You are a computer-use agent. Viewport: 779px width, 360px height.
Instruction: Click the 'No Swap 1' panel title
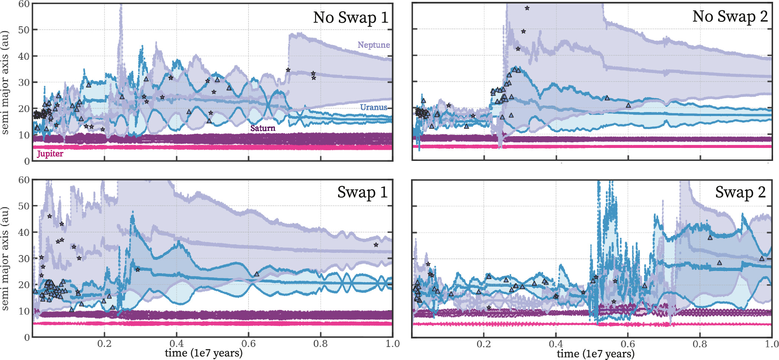[x=351, y=17]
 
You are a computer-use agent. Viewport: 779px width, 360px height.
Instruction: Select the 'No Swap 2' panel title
[x=730, y=17]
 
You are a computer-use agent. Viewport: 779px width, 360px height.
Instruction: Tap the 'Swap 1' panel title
[x=362, y=192]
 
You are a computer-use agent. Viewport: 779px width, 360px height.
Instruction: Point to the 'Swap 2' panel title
[x=740, y=192]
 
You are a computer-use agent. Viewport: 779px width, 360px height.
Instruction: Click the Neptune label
[x=374, y=45]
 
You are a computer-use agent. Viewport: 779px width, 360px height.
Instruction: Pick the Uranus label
[x=374, y=108]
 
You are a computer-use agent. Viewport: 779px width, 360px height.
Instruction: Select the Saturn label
[x=263, y=128]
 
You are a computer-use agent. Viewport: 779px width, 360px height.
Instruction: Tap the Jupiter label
[x=50, y=154]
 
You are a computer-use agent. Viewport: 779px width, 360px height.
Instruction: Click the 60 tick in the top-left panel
[x=24, y=4]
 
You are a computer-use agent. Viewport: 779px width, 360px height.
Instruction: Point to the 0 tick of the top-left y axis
[x=27, y=161]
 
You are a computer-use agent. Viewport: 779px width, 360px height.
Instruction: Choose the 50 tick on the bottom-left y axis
[x=24, y=206]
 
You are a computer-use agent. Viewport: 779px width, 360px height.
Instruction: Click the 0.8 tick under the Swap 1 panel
[x=321, y=344]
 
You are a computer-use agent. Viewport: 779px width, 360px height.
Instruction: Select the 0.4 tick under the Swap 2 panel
[x=556, y=344]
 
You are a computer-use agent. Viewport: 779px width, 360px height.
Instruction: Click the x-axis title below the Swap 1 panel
[x=204, y=353]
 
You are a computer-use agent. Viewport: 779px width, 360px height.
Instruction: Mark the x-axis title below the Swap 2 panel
[x=595, y=354]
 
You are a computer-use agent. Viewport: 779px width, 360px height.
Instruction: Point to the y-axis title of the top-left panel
[x=5, y=82]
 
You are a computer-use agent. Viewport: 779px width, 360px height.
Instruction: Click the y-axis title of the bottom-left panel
[x=5, y=258]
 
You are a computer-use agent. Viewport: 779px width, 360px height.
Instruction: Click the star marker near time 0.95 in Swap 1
[x=376, y=245]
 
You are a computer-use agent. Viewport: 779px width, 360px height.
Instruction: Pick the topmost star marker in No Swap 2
[x=527, y=8]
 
